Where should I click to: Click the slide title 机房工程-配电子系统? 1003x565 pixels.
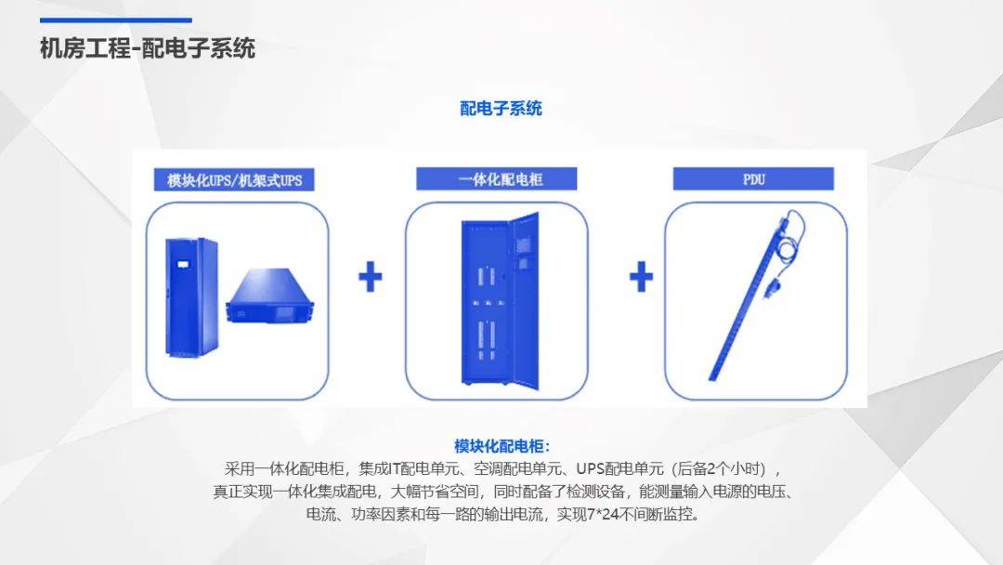(148, 48)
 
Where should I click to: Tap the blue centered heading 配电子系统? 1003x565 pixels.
(501, 108)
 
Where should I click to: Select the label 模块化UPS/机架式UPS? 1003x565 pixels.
(234, 179)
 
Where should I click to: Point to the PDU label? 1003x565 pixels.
(753, 179)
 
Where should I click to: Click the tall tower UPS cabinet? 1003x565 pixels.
(191, 296)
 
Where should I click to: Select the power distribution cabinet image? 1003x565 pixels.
(501, 301)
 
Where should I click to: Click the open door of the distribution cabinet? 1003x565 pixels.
(524, 301)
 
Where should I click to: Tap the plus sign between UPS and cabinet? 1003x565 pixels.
(370, 277)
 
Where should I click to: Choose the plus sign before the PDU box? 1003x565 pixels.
(641, 277)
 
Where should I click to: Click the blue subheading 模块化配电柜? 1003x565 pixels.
(501, 446)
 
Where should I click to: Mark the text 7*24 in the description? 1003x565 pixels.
(604, 514)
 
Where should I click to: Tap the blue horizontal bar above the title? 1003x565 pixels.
(116, 20)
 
